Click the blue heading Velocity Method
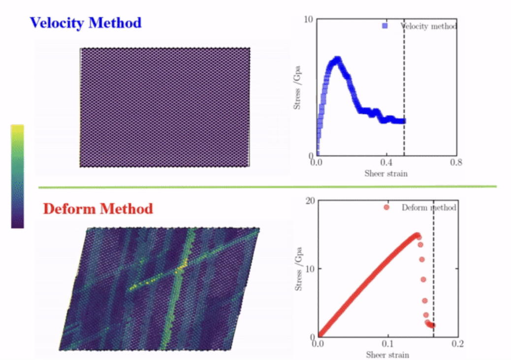click(86, 23)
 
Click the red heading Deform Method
click(98, 208)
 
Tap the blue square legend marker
click(384, 26)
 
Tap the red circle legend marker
click(386, 207)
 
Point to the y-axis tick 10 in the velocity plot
click(309, 19)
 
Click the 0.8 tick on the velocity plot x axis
click(456, 162)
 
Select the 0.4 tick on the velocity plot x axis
click(386, 162)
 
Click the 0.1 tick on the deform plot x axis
click(388, 344)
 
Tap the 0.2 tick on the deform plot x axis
click(458, 344)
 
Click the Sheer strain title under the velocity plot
click(386, 173)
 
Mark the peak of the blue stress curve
click(337, 60)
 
